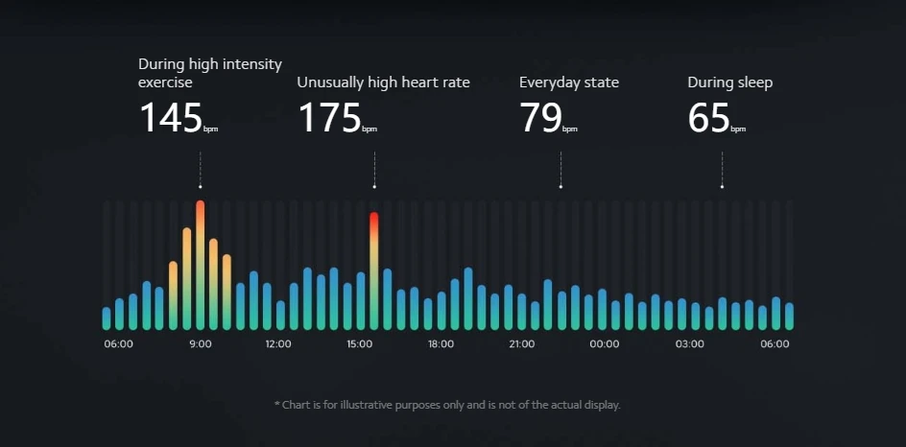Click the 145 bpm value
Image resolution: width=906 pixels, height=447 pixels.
171,118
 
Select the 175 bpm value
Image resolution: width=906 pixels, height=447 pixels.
329,118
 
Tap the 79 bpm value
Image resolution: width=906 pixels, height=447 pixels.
540,118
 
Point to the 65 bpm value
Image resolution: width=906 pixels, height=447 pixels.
708,118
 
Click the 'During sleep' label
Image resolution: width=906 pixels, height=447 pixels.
729,82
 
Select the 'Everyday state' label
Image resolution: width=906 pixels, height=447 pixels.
569,82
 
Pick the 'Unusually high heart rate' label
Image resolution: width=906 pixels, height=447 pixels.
383,82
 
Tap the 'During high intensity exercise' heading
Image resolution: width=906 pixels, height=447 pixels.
210,73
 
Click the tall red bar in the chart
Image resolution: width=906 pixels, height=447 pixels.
374,269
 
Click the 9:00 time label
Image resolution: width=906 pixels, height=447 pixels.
201,343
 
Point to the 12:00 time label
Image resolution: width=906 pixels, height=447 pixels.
278,343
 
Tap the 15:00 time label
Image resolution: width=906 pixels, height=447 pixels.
360,343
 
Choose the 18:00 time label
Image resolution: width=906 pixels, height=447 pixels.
441,343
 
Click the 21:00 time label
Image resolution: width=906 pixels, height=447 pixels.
522,343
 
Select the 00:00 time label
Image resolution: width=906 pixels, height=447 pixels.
605,343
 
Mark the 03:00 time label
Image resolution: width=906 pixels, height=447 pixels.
689,343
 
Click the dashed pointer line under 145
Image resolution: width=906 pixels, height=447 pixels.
201,169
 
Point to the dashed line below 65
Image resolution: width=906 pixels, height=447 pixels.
722,169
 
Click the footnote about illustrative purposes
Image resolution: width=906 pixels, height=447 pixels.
447,405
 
